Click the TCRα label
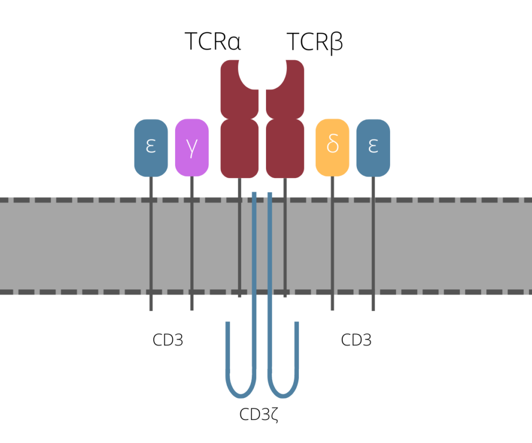213,42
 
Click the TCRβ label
315,42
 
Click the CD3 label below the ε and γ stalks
168,340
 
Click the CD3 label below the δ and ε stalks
356,340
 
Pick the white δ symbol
332,145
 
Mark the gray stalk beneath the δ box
332,244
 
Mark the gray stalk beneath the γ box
192,244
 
